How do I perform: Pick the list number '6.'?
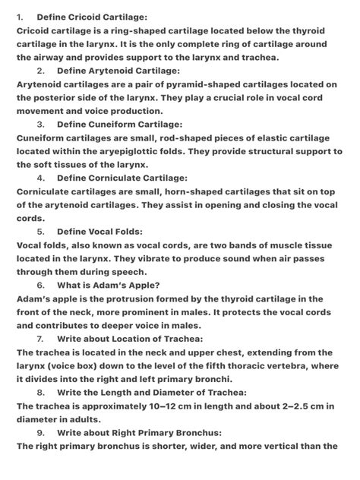39,285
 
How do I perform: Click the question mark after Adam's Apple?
156,285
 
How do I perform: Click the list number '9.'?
39,432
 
